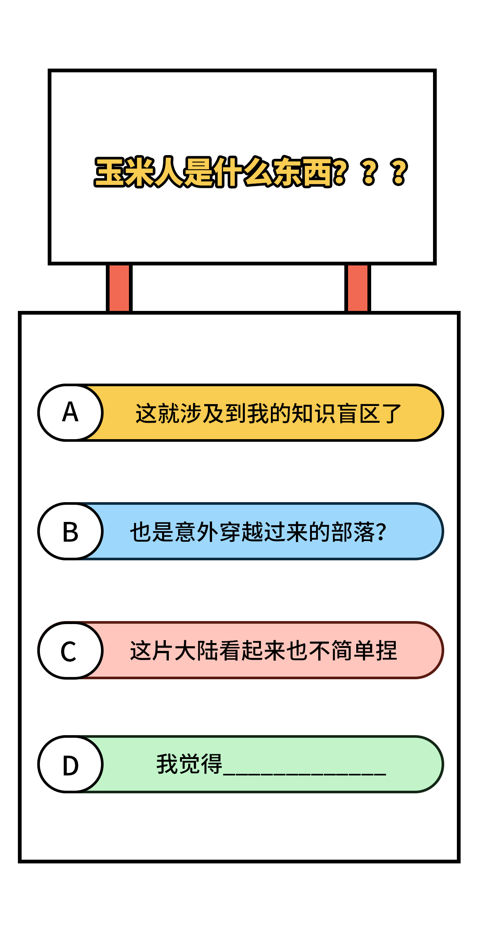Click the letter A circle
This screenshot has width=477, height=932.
[70, 413]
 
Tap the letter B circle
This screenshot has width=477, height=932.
[70, 531]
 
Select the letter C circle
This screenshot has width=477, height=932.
[70, 650]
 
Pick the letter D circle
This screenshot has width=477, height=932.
[70, 764]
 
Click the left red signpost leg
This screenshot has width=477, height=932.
[119, 288]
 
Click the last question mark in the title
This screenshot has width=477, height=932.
[399, 172]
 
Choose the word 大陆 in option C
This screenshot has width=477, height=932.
[197, 651]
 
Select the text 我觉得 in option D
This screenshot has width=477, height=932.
[189, 764]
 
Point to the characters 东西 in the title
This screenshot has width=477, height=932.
[302, 172]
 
